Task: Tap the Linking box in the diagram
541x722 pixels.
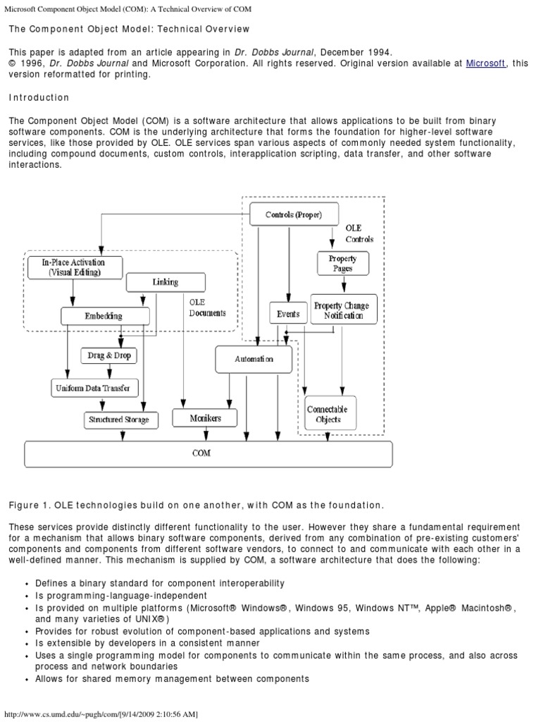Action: pyautogui.click(x=166, y=282)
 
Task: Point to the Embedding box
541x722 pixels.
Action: pyautogui.click(x=104, y=316)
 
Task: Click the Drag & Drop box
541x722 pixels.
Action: pyautogui.click(x=109, y=355)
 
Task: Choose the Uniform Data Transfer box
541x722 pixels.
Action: pyautogui.click(x=95, y=388)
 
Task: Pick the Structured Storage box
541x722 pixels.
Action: pyautogui.click(x=118, y=420)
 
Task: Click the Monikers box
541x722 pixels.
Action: pyautogui.click(x=206, y=418)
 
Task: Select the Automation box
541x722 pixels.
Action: pyautogui.click(x=254, y=359)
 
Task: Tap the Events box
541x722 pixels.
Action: pyautogui.click(x=288, y=314)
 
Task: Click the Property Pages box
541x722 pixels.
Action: pyautogui.click(x=343, y=264)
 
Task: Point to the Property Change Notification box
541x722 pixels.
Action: pyautogui.click(x=342, y=310)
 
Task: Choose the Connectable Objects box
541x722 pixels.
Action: pyautogui.click(x=327, y=414)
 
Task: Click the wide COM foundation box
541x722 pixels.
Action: pyautogui.click(x=209, y=453)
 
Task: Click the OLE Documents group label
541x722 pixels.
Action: pyautogui.click(x=207, y=307)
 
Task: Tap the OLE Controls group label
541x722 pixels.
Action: pyautogui.click(x=359, y=233)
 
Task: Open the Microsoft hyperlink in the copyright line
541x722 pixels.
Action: pyautogui.click(x=485, y=63)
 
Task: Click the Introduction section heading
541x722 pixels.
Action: pyautogui.click(x=39, y=98)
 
